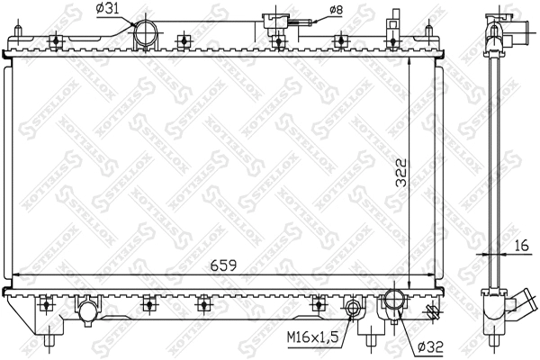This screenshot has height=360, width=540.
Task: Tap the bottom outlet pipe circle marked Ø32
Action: click(396, 304)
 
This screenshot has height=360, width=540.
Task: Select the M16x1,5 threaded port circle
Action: click(355, 311)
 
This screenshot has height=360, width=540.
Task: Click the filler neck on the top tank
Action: click(270, 23)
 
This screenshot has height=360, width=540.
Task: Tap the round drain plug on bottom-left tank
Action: click(87, 311)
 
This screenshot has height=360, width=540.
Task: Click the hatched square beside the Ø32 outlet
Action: click(432, 312)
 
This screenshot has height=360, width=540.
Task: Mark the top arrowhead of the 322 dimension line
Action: click(409, 67)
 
